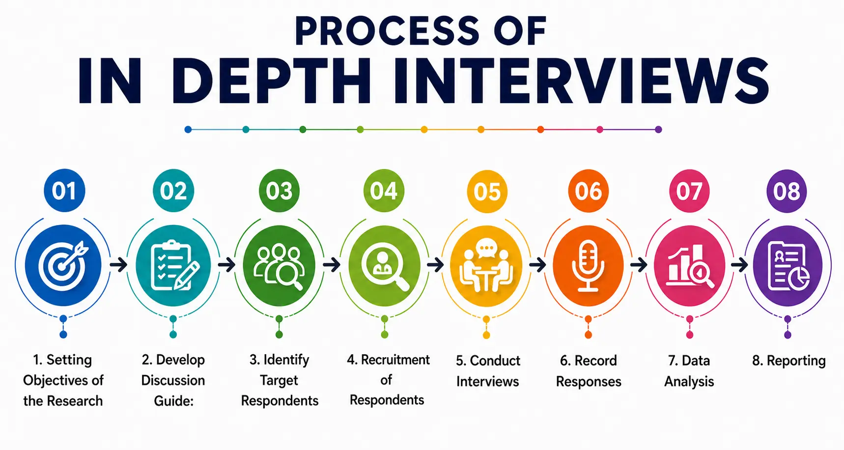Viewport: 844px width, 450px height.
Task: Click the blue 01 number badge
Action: click(64, 191)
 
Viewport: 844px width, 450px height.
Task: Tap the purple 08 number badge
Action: click(787, 191)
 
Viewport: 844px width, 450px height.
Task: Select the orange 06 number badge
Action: click(588, 191)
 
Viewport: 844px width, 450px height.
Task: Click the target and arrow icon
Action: click(63, 265)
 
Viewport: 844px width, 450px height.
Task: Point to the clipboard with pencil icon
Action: click(174, 266)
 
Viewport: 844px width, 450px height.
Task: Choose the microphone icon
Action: click(588, 266)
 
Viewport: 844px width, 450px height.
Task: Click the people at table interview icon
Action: click(486, 265)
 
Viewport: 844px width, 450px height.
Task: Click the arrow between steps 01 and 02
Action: click(118, 265)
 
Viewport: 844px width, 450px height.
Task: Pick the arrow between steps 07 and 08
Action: click(739, 265)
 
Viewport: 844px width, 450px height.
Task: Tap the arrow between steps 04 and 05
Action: click(435, 265)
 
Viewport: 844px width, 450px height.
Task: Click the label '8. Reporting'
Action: click(788, 361)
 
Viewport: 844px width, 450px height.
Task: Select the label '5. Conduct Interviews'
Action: click(487, 371)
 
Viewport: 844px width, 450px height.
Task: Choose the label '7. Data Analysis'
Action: click(689, 371)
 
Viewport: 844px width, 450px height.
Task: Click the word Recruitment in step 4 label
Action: click(395, 360)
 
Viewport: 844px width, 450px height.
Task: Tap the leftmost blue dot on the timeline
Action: click(188, 130)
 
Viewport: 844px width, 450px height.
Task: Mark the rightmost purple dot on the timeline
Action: click(659, 130)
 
